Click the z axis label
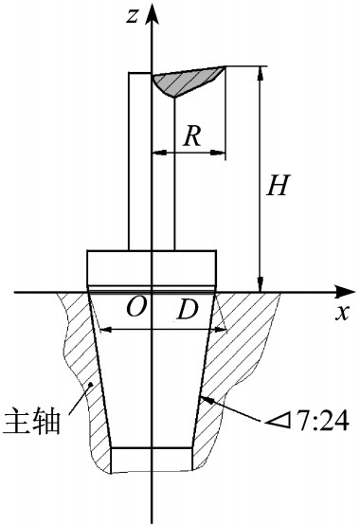(x=132, y=15)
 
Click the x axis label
(x=342, y=313)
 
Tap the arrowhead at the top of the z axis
(x=153, y=14)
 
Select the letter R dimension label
(x=192, y=136)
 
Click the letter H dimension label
(x=277, y=185)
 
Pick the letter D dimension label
(x=188, y=309)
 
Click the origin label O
(x=136, y=307)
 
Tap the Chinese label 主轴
(x=32, y=420)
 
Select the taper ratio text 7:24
(x=323, y=420)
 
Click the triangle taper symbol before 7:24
(x=278, y=421)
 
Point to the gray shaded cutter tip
(x=186, y=81)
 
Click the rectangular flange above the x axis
(x=152, y=267)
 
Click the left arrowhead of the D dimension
(x=106, y=330)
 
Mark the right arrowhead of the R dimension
(x=218, y=153)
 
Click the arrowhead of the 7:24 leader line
(x=207, y=400)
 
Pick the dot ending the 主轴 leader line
(x=90, y=385)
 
